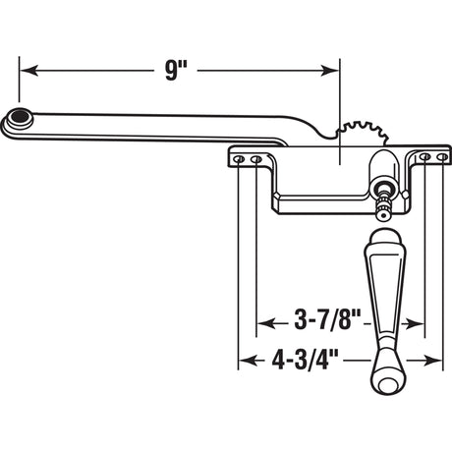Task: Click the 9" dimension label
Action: pyautogui.click(x=177, y=71)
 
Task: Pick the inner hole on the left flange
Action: pyautogui.click(x=255, y=158)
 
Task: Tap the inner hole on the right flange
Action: pyautogui.click(x=424, y=156)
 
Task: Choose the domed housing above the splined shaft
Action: pyautogui.click(x=384, y=168)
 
